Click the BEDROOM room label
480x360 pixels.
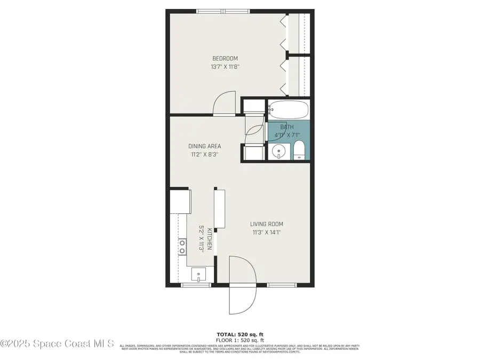point(225,59)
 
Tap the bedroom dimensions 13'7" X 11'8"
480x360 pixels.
point(225,67)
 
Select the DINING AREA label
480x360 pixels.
point(204,146)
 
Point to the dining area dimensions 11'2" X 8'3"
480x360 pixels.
point(204,155)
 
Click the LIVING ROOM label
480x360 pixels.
point(267,224)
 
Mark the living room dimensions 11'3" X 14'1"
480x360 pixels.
point(267,232)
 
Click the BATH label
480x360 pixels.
point(287,127)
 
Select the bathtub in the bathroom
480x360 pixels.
point(288,110)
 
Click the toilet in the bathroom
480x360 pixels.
point(300,151)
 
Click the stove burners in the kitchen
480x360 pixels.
point(182,246)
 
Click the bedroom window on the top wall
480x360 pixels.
point(223,11)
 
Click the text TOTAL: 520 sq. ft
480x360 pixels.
point(239,334)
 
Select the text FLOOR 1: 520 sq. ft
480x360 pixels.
point(239,340)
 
